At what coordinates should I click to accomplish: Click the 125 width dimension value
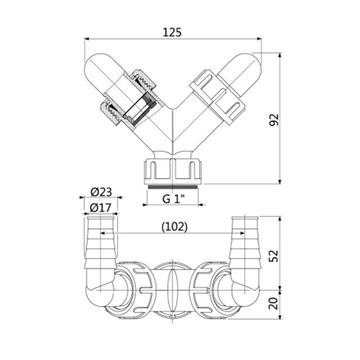(x=172, y=32)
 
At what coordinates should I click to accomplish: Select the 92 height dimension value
(x=274, y=119)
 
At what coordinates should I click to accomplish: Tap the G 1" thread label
(x=174, y=199)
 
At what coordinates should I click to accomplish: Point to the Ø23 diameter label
(x=101, y=192)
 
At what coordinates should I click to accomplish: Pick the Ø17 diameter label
(x=101, y=208)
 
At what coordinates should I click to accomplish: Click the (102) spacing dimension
(x=174, y=227)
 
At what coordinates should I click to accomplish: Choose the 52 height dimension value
(x=274, y=256)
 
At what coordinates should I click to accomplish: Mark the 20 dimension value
(x=274, y=304)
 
